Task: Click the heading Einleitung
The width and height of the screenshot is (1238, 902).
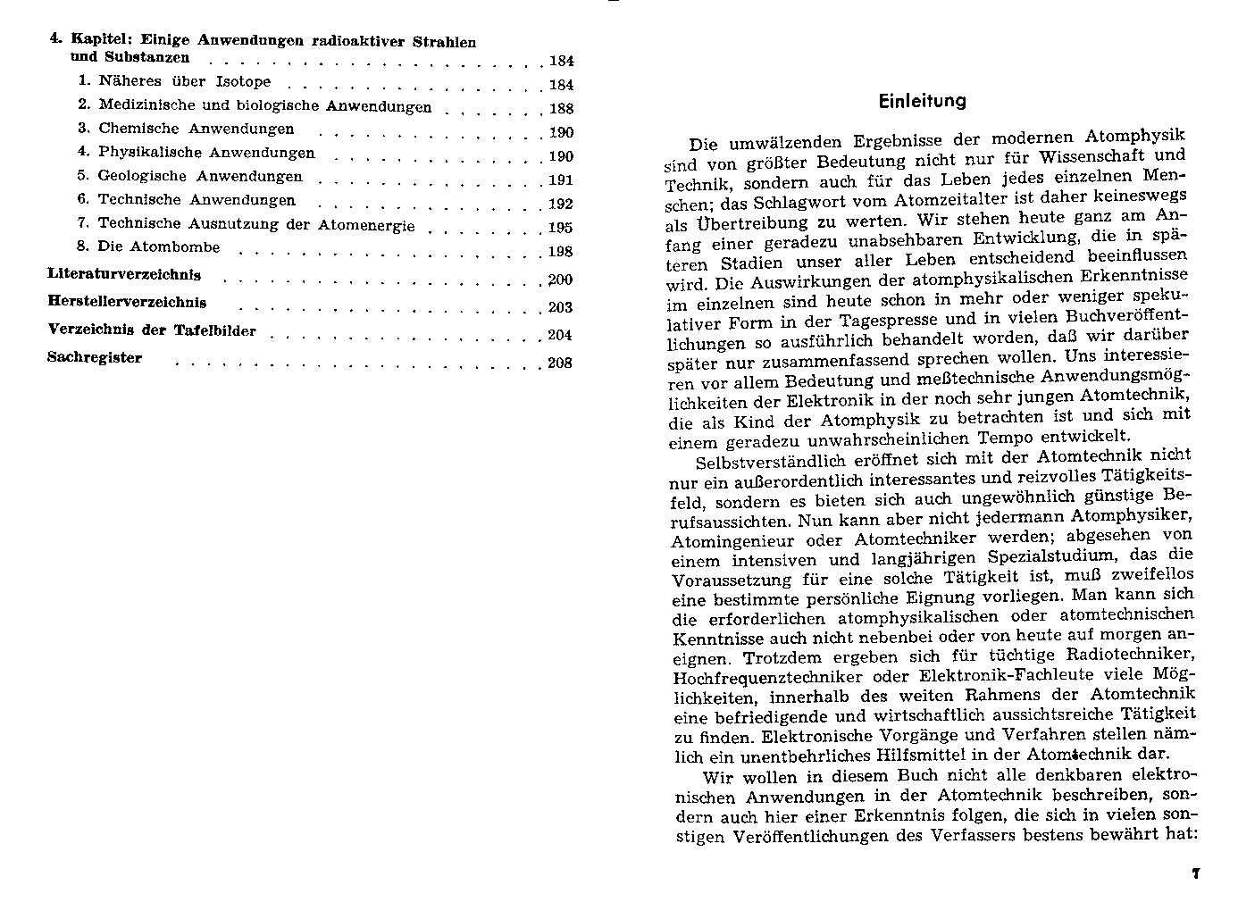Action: point(922,101)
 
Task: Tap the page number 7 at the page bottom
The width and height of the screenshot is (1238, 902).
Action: point(1195,873)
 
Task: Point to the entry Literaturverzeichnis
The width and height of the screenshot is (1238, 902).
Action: point(124,275)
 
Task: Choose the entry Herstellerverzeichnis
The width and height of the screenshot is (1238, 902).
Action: point(127,302)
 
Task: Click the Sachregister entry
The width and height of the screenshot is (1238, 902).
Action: point(95,358)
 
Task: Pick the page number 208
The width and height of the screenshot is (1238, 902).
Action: point(560,363)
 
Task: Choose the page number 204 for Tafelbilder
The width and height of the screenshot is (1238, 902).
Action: point(560,336)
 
